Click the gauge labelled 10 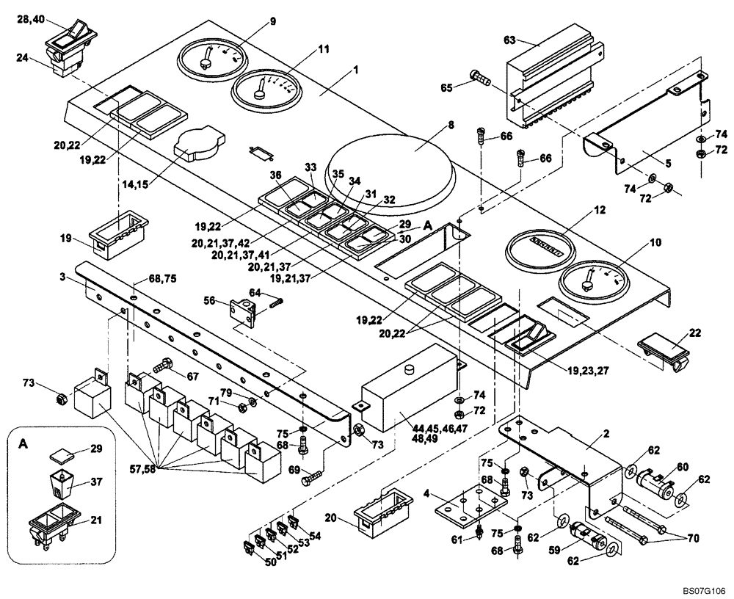[593, 280]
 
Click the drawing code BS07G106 [702, 589]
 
